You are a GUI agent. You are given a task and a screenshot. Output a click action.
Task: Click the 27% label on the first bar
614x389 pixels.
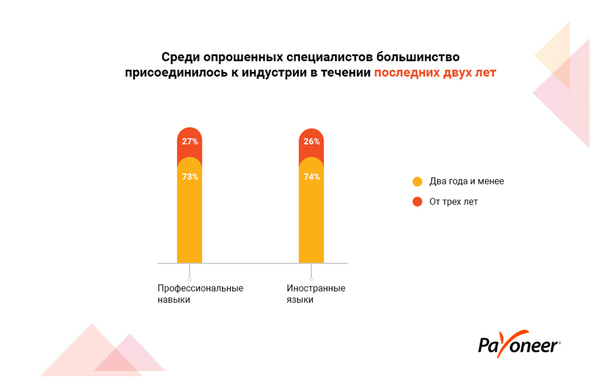tap(190, 142)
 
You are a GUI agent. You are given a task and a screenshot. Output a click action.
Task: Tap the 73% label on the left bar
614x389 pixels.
tap(190, 177)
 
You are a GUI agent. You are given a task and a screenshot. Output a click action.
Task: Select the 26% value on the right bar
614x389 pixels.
tap(312, 142)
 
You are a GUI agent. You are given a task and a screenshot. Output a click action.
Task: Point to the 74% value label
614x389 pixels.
tap(312, 177)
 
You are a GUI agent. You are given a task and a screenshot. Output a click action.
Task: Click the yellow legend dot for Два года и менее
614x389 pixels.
tap(418, 181)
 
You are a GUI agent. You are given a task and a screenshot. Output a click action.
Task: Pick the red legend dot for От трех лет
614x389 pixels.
tap(418, 202)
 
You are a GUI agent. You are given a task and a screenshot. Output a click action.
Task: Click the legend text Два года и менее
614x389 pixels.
tap(467, 181)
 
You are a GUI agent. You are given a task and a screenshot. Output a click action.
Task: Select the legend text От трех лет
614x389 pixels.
tap(453, 202)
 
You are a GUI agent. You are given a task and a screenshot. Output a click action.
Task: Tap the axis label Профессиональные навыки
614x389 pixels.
tap(200, 293)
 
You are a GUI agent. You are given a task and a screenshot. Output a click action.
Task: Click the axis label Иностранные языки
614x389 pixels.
tap(316, 293)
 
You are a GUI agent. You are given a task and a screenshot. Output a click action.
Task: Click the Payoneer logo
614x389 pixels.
tap(519, 344)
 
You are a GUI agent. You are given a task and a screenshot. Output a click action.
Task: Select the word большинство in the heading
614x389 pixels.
tap(418, 57)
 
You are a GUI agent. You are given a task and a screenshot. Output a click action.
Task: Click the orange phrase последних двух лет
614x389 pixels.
tap(435, 73)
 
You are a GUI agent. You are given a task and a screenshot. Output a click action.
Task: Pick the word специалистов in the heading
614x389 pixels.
tap(329, 57)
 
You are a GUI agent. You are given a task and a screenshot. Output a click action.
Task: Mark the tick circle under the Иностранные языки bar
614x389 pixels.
tap(311, 279)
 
